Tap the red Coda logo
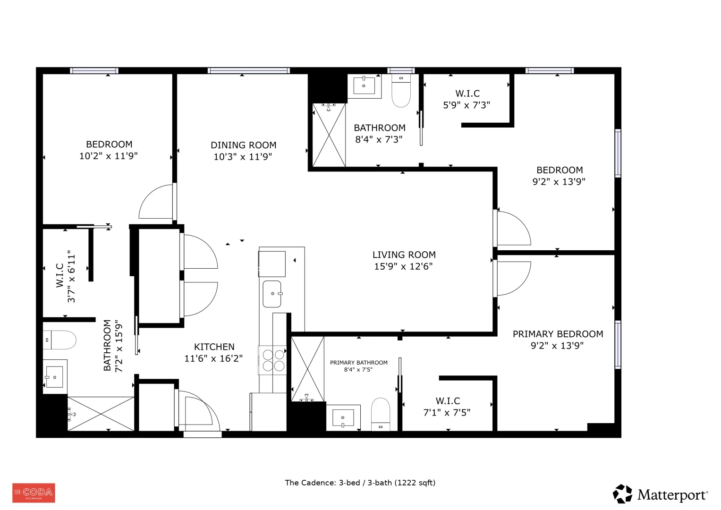pos(34,493)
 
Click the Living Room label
pos(404,255)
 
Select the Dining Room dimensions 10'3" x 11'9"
pos(243,157)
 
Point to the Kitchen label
pos(214,347)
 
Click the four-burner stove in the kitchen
pos(272,360)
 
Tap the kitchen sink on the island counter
pos(272,294)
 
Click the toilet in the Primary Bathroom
pos(381,414)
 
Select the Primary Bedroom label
pos(558,334)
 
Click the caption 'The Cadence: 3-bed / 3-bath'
pos(338,483)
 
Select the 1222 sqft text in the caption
pos(415,483)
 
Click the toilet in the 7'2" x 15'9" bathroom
pos(59,340)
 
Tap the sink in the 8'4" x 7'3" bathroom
pos(364,86)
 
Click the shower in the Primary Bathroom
pos(308,369)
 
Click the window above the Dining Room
pos(248,70)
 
